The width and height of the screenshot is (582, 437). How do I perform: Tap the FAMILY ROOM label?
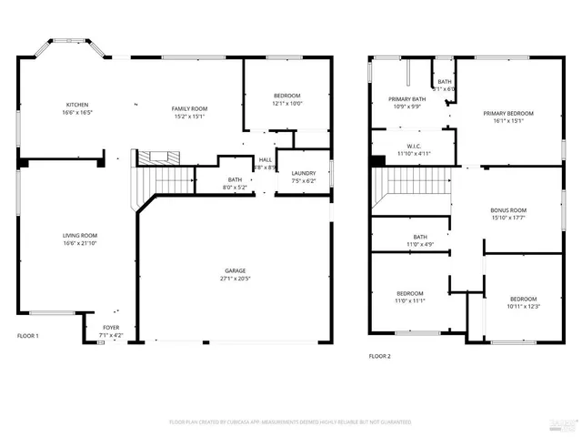point(190,108)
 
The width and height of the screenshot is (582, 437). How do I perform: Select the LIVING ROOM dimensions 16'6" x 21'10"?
point(79,244)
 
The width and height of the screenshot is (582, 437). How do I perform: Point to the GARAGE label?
point(236,270)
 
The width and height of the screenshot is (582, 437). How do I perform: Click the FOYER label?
point(110,328)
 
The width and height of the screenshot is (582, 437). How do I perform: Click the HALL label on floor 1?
point(266,160)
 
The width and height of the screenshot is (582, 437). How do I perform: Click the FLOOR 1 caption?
point(28,336)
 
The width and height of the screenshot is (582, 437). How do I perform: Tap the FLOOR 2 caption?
point(379,356)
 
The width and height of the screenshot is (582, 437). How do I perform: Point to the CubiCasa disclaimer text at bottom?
point(290,422)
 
